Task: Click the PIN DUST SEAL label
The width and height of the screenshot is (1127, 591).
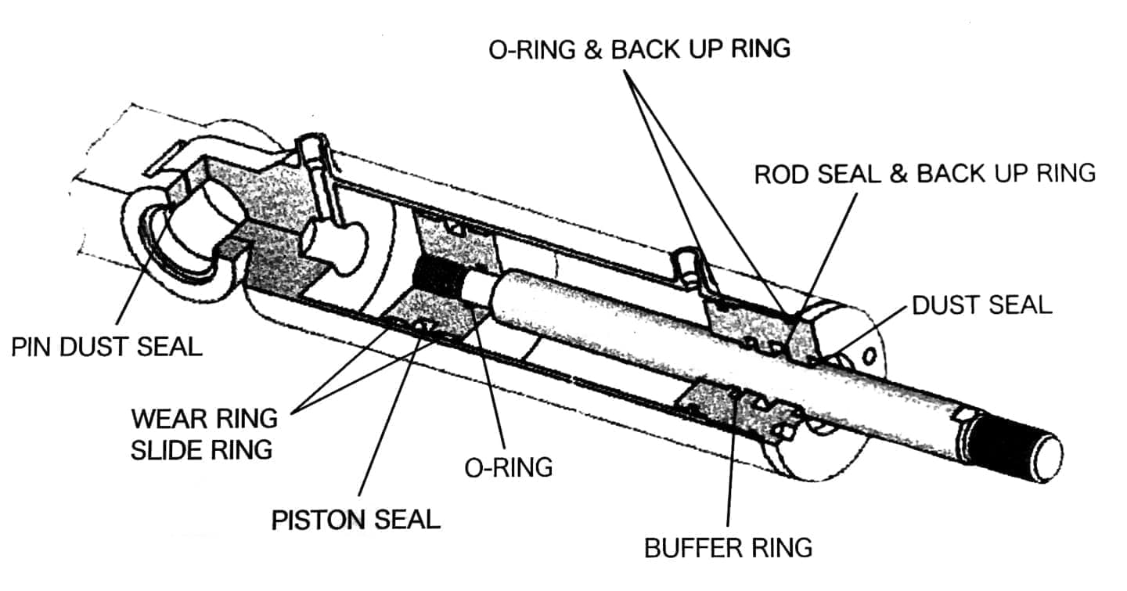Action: point(106,347)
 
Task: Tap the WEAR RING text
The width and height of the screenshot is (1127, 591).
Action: point(204,419)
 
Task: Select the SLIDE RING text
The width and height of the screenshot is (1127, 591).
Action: point(202,450)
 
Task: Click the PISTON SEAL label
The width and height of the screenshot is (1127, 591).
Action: point(356,520)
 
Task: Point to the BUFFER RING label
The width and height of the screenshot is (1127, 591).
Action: point(728,547)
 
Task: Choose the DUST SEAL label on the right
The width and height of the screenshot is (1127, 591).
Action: point(982,305)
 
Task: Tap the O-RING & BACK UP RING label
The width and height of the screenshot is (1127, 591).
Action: point(639,49)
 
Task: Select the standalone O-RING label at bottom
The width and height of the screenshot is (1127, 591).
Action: point(509,467)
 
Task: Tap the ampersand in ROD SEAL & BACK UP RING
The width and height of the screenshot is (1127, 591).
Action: point(899,174)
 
